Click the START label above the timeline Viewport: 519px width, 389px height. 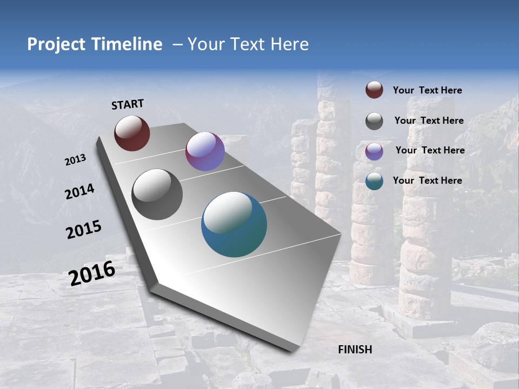pyautogui.click(x=128, y=104)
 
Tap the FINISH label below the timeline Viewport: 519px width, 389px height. pyautogui.click(x=355, y=350)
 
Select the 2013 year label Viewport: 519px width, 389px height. pyautogui.click(x=75, y=160)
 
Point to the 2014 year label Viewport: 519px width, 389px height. pyautogui.click(x=79, y=192)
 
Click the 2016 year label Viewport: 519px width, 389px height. pyautogui.click(x=92, y=273)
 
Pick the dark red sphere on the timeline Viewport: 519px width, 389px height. pyautogui.click(x=132, y=133)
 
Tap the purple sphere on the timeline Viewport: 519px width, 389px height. pyautogui.click(x=205, y=151)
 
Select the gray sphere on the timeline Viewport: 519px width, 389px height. pyautogui.click(x=157, y=194)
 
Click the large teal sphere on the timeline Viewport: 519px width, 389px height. pyautogui.click(x=234, y=224)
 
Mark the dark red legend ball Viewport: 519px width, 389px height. pyautogui.click(x=374, y=90)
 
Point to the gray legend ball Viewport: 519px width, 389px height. pyautogui.click(x=374, y=121)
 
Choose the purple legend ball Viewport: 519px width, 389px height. pyautogui.click(x=374, y=151)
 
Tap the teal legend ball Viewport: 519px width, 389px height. pyautogui.click(x=374, y=181)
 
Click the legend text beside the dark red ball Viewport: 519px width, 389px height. pyautogui.click(x=427, y=90)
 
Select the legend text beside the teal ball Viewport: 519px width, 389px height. pyautogui.click(x=427, y=180)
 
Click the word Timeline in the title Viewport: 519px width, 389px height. pyautogui.click(x=127, y=44)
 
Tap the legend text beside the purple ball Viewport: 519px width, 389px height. pyautogui.click(x=430, y=150)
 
